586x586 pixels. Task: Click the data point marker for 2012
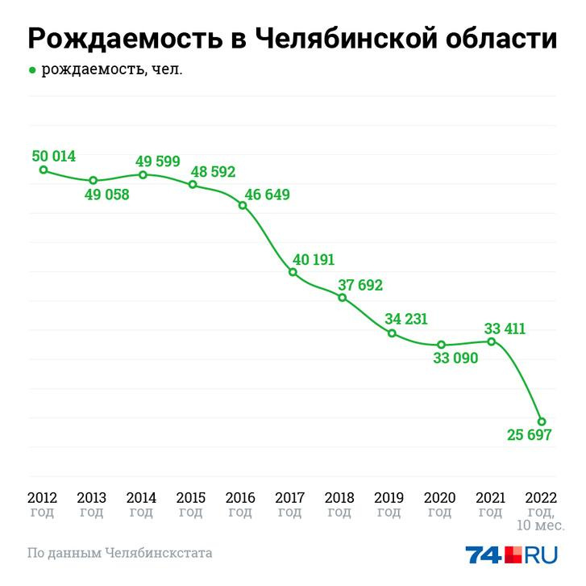pos(44,170)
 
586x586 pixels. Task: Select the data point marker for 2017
pos(293,273)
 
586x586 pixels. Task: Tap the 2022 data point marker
pos(542,421)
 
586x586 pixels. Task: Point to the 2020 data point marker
pos(442,345)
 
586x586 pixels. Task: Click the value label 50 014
pos(54,156)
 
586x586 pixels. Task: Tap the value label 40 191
pos(314,259)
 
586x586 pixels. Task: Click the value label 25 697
pos(529,436)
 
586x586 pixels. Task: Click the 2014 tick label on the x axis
pos(142,497)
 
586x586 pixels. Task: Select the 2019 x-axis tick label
pos(391,497)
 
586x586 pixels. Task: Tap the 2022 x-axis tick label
pos(540,497)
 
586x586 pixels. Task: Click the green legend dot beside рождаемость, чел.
pos(32,70)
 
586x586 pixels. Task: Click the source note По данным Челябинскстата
pos(120,554)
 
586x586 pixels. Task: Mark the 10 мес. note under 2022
pos(537,527)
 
